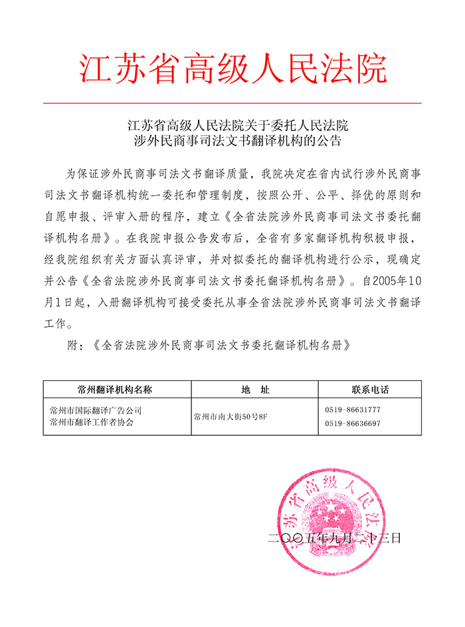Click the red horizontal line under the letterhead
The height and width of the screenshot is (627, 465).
point(232,104)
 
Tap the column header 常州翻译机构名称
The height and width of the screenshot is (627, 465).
point(114,389)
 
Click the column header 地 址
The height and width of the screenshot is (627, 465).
point(255,389)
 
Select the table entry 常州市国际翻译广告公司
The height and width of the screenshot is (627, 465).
point(91,411)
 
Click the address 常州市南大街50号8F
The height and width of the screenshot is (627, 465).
point(229,417)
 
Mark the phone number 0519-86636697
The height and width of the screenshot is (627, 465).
point(353,423)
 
